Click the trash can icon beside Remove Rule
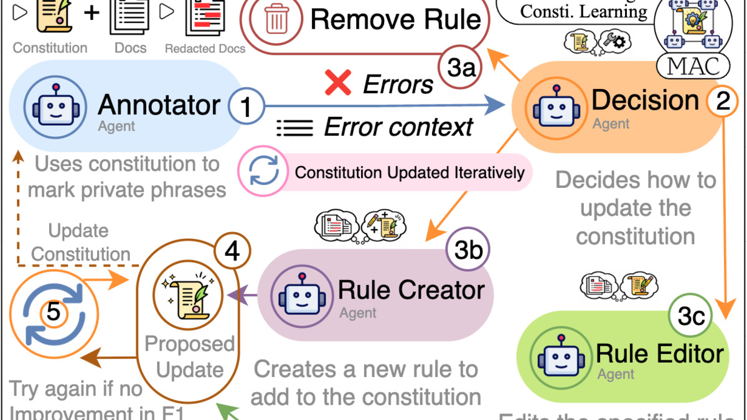[x=275, y=20]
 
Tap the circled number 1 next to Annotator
[x=245, y=106]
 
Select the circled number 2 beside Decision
[x=723, y=101]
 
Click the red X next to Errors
[x=338, y=83]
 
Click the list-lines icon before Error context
[x=294, y=128]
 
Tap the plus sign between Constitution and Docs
[x=91, y=14]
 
